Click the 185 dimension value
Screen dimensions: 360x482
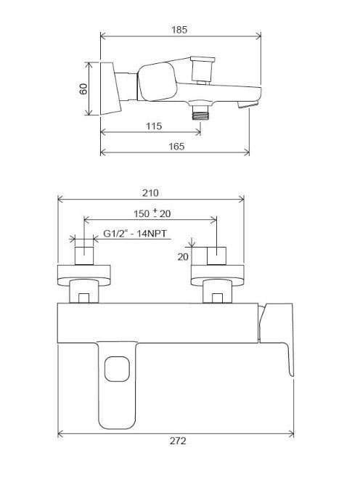(x=179, y=30)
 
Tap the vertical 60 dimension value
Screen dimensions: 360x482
(x=83, y=89)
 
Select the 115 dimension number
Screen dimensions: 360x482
(x=154, y=126)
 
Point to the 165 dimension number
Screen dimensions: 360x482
(x=176, y=147)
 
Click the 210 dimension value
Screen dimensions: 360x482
(x=150, y=193)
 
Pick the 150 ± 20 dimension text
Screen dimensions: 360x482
(x=152, y=213)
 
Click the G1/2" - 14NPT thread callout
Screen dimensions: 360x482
(x=135, y=234)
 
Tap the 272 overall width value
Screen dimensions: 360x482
(x=178, y=441)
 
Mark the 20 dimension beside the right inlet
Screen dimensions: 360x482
(x=183, y=257)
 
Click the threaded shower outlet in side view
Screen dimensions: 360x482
(x=200, y=112)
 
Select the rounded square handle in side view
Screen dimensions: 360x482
(x=157, y=82)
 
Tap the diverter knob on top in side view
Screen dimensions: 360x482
(x=202, y=70)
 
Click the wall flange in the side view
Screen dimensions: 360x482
(x=110, y=89)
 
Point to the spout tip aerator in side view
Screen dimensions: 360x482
(x=247, y=105)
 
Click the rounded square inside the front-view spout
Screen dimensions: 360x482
(x=117, y=369)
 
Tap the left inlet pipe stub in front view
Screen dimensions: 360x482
(x=84, y=256)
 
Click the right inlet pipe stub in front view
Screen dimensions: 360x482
(x=216, y=256)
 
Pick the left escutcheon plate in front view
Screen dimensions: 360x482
(x=84, y=275)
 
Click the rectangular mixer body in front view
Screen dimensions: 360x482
(x=157, y=323)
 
